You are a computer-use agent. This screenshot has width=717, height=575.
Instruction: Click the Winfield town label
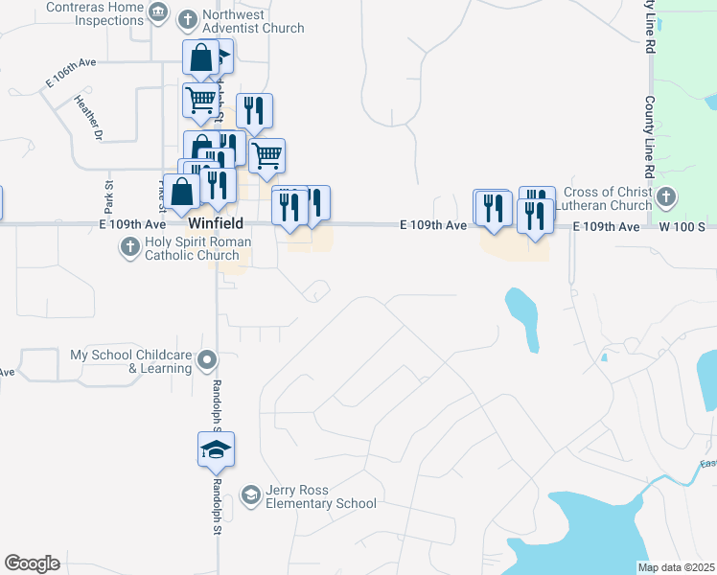pyautogui.click(x=215, y=223)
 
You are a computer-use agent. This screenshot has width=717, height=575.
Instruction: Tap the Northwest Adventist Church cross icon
pyautogui.click(x=187, y=18)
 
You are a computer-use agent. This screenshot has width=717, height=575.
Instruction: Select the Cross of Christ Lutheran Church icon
pyautogui.click(x=667, y=198)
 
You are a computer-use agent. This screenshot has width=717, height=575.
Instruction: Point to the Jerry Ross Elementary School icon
pyautogui.click(x=250, y=494)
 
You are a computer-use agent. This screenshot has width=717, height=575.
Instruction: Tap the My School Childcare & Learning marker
pyautogui.click(x=208, y=362)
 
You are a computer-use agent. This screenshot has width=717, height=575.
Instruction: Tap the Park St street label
pyautogui.click(x=109, y=196)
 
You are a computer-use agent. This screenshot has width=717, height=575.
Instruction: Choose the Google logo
pyautogui.click(x=32, y=563)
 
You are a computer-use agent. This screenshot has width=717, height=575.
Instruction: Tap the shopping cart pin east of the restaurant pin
pyautogui.click(x=266, y=155)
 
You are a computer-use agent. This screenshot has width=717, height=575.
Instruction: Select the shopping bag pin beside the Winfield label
pyautogui.click(x=182, y=192)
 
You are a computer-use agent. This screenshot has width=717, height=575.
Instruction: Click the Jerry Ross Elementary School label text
pyautogui.click(x=320, y=497)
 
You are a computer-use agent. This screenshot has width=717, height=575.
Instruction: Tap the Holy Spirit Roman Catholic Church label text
pyautogui.click(x=197, y=248)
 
